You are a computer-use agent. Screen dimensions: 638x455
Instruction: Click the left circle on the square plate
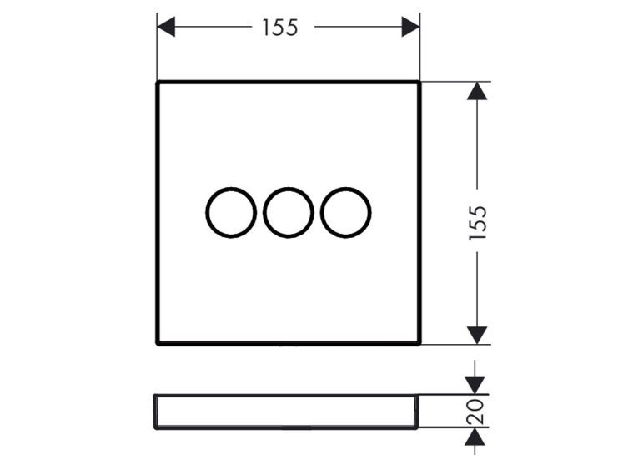tap(207, 212)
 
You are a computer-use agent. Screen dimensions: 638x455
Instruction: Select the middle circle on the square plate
tap(264, 212)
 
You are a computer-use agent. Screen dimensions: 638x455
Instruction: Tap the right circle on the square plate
tap(322, 212)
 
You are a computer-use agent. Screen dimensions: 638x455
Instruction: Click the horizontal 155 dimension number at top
tap(280, 28)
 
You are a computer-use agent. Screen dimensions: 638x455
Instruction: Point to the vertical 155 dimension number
tap(478, 223)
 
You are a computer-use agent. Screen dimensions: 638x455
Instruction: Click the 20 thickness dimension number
tap(475, 412)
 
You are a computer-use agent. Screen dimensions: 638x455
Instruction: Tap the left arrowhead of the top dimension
tap(166, 27)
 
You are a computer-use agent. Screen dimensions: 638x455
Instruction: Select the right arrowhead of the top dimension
tap(410, 27)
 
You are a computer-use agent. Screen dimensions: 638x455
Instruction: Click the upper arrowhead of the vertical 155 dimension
tap(477, 91)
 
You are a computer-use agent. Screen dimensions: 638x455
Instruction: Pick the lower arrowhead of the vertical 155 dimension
tap(477, 336)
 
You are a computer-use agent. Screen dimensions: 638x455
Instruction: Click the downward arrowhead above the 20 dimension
tap(475, 386)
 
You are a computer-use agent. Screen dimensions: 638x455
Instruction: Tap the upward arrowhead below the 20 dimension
tap(475, 437)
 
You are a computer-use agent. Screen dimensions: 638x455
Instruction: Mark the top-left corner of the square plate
tap(158, 83)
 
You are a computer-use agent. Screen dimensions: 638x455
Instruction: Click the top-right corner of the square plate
tap(419, 83)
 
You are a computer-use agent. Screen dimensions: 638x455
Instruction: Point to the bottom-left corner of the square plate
tap(158, 344)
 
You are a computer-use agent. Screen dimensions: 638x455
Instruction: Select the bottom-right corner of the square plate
tap(419, 344)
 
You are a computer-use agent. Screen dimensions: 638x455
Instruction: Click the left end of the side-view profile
tap(155, 412)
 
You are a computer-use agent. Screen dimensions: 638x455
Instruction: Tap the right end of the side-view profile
tap(416, 412)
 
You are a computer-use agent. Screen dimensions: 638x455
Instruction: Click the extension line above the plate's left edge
tap(157, 47)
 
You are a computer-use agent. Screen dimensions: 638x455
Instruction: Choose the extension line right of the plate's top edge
tap(456, 82)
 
